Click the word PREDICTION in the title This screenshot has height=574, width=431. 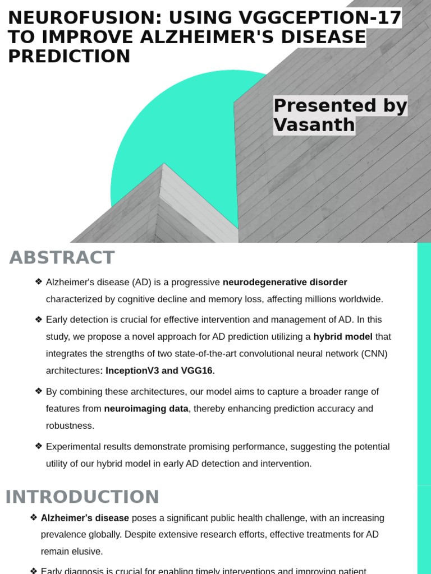tap(69, 56)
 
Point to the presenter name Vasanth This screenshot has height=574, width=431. tap(314, 124)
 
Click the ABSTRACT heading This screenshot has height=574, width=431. tap(62, 258)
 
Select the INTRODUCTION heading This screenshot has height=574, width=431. tap(82, 497)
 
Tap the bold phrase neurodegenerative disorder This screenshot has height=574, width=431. tap(285, 282)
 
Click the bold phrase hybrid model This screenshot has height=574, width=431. tap(343, 336)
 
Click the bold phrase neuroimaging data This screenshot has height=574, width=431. tap(146, 409)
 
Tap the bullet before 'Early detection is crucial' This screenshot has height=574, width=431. tap(38, 320)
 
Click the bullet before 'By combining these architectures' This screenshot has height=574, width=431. tap(38, 391)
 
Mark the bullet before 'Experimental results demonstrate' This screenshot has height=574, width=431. tap(38, 447)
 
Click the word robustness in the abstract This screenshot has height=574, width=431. tap(70, 425)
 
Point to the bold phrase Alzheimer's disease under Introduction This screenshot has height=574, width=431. tap(85, 518)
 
